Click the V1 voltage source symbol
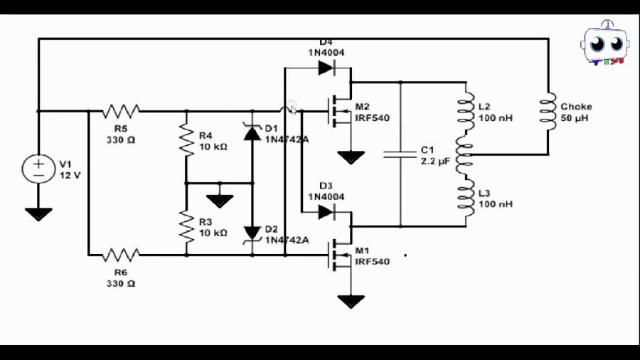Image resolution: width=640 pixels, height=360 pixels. pyautogui.click(x=38, y=169)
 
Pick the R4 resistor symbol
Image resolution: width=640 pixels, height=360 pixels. pyautogui.click(x=186, y=139)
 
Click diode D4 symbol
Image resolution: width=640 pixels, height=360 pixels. pyautogui.click(x=326, y=68)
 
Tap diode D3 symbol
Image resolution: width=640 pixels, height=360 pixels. pyautogui.click(x=326, y=211)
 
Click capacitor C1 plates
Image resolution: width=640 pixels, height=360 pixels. pyautogui.click(x=400, y=154)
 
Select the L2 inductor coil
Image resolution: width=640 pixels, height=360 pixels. pyautogui.click(x=466, y=112)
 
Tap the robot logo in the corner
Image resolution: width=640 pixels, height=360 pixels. pyautogui.click(x=604, y=44)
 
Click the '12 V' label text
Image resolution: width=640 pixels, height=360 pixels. pyautogui.click(x=70, y=174)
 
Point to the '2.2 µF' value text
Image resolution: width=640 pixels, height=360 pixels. pyautogui.click(x=434, y=162)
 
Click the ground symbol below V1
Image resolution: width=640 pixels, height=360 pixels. pyautogui.click(x=38, y=213)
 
